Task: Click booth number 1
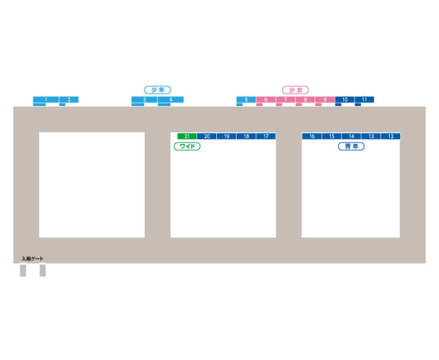46,99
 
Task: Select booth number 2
69,99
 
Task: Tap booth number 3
144,99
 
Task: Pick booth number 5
246,99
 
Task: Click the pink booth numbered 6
265,99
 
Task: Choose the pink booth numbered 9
324,99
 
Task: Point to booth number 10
344,99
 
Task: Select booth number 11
364,99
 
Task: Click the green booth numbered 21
187,136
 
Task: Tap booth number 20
206,136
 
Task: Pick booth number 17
266,136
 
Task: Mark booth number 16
312,136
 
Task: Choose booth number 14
351,136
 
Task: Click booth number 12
391,136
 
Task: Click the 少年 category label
157,90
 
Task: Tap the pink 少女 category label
295,90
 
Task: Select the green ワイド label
187,147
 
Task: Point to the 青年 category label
351,147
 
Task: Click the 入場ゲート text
32,259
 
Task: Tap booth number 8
305,99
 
